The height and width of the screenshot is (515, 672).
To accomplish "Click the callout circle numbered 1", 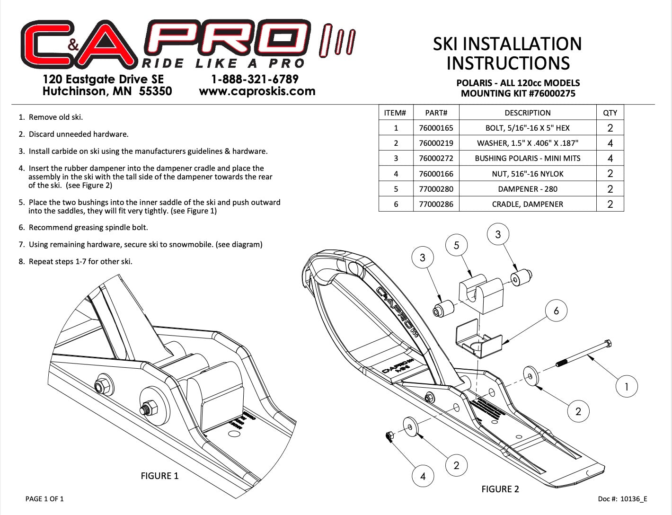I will coord(626,386).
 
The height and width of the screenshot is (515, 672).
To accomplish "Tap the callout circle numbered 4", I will coord(423,476).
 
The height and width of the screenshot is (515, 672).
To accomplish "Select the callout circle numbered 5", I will coord(456,245).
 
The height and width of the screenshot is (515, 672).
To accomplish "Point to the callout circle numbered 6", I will coord(556,311).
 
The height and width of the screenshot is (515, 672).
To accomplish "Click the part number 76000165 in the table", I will coord(436,128).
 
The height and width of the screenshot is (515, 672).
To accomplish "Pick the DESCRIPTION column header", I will coord(527,113).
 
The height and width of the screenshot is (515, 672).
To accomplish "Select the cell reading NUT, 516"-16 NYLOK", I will coord(527,174).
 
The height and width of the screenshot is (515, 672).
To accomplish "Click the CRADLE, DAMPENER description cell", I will coord(527,204).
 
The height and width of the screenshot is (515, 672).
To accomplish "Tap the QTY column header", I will coord(610,113).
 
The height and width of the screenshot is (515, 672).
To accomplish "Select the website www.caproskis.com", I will coord(257,91).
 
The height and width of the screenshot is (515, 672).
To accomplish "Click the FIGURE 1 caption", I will coord(159,476).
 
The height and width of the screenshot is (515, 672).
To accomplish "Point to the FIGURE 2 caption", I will coord(500,489).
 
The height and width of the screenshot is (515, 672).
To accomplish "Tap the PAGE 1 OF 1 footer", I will coord(44,498).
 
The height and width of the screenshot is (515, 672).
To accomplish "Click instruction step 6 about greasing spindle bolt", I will coord(83,228).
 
